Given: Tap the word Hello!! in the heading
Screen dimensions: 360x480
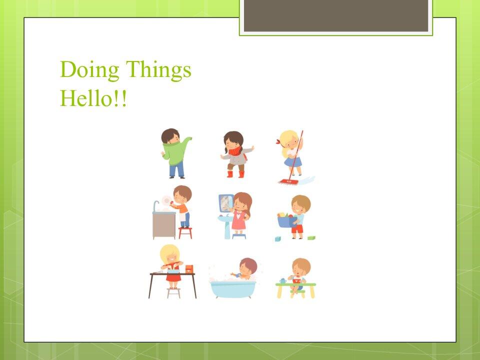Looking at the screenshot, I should click(x=93, y=98).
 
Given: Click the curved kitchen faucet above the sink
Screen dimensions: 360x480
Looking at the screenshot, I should click(x=156, y=205).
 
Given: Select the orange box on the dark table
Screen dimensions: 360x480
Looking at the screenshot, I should click(x=189, y=269).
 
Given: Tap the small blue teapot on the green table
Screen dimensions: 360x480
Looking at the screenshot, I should click(x=283, y=280).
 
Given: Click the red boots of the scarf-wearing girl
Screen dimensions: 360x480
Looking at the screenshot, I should click(x=235, y=174).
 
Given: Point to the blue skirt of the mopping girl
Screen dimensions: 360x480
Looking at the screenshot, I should click(x=293, y=161).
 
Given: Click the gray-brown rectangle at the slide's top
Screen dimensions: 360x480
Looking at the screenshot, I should click(x=335, y=15).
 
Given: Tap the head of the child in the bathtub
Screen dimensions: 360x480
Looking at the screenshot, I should click(x=247, y=265).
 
